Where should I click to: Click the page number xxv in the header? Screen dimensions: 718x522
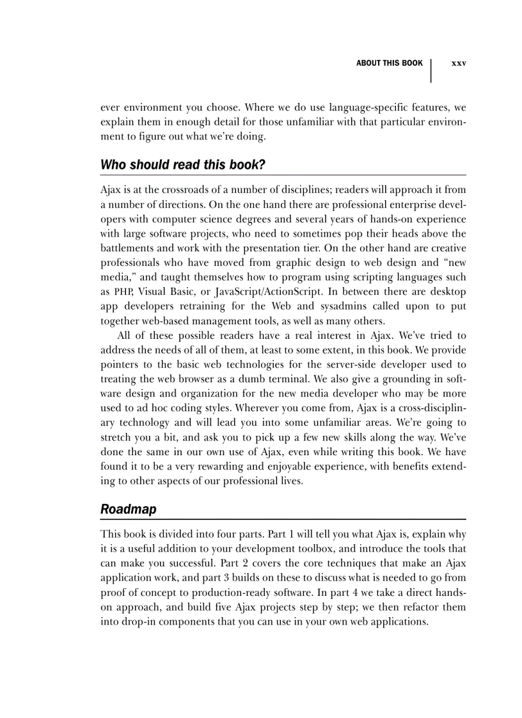459,63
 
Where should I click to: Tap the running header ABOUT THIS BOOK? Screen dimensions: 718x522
389,63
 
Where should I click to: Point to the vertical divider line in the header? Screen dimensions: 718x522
431,70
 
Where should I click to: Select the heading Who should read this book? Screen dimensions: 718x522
182,164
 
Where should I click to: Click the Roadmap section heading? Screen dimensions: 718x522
128,510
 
